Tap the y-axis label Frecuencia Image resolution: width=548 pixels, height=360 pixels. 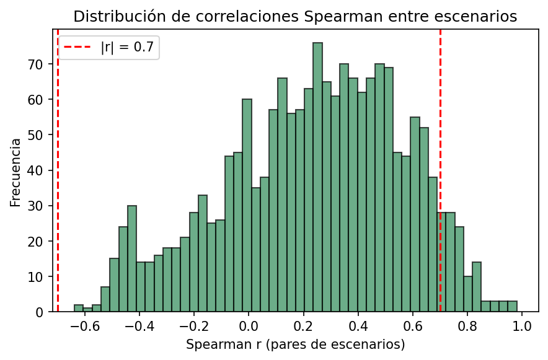pos(15,172)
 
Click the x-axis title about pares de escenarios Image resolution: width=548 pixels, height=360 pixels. pos(295,343)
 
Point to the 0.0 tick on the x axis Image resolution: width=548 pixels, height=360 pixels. pos(249,325)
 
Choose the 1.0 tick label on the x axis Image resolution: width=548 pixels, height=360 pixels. pos(521,325)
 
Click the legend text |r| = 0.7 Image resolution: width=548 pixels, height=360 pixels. pos(127,47)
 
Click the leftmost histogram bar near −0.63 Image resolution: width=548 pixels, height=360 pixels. pos(79,308)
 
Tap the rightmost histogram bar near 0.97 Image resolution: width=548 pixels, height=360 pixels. pos(512,306)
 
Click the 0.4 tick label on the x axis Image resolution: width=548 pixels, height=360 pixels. pos(358,325)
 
